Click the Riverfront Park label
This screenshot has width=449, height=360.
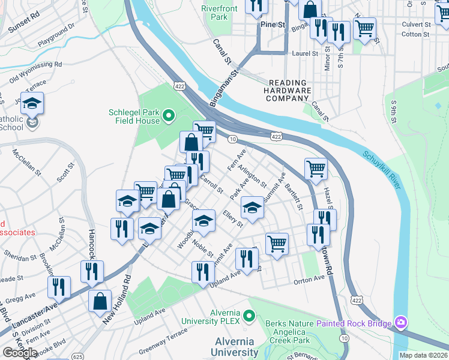pos(219,13)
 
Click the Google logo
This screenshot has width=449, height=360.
pos(20,353)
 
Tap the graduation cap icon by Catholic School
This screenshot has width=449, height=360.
pos(32,103)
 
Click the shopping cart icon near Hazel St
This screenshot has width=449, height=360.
pos(315,169)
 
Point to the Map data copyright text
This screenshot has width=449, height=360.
pos(423,355)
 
